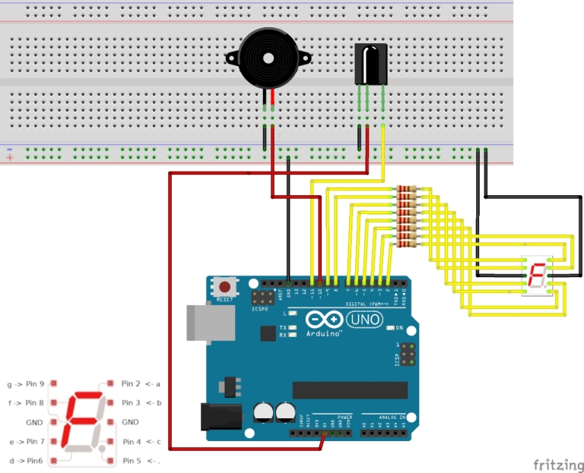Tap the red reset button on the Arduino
click(x=225, y=288)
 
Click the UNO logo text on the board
click(x=366, y=320)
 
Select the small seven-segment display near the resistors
click(x=536, y=277)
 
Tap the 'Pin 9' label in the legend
click(x=35, y=383)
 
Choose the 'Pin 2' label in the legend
click(x=132, y=383)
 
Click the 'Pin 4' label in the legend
click(x=132, y=441)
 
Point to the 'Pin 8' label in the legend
click(x=35, y=402)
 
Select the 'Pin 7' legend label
click(x=35, y=441)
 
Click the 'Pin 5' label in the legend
click(x=132, y=460)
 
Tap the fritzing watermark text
click(x=558, y=464)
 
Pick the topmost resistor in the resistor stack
click(x=407, y=189)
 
